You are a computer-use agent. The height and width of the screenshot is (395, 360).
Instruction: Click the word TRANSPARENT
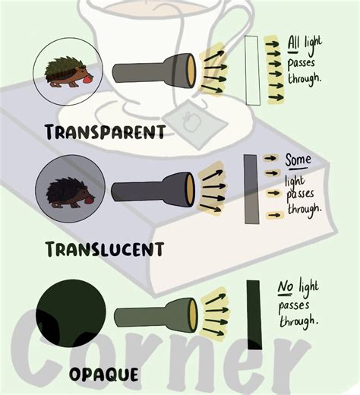coord(105,132)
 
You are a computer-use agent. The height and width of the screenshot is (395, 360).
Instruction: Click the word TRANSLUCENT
coord(104,248)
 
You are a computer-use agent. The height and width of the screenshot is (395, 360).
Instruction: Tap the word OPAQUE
coord(103,374)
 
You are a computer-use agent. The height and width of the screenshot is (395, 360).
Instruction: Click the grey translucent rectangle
coord(250,189)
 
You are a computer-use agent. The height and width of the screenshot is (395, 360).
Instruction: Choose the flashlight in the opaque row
coord(158,314)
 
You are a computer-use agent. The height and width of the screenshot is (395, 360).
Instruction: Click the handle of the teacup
coord(242,23)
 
